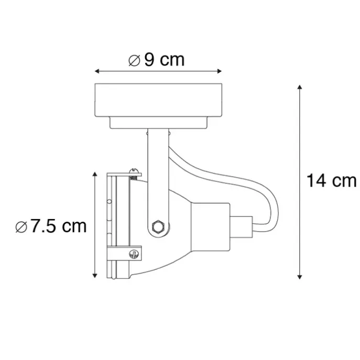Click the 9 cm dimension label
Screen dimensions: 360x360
click(165, 60)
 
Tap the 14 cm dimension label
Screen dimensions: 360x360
click(331, 181)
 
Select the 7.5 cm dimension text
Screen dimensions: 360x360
click(59, 226)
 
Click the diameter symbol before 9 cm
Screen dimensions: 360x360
click(134, 61)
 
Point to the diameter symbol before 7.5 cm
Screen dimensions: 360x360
click(21, 227)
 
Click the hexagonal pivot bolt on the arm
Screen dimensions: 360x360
click(158, 227)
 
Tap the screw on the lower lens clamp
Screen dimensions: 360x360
click(134, 254)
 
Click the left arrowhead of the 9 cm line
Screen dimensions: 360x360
click(97, 71)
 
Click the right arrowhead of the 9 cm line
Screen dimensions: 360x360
click(220, 71)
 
